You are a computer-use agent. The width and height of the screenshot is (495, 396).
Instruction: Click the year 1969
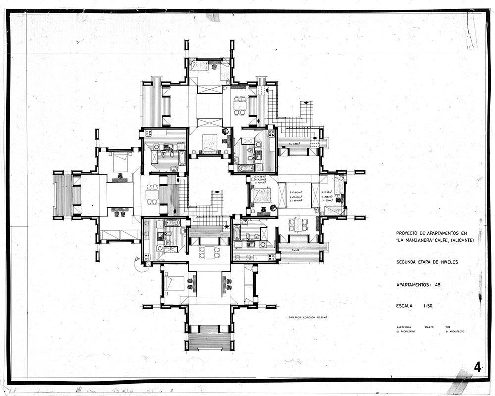coord(448,327)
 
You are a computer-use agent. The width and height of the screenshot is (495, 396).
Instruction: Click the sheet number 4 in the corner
coord(477,367)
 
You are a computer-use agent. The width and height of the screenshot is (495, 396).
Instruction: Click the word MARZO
coord(430,327)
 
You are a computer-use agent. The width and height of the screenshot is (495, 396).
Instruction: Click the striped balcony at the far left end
coord(63,195)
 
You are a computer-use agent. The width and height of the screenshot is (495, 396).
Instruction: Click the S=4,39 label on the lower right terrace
coord(296,250)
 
